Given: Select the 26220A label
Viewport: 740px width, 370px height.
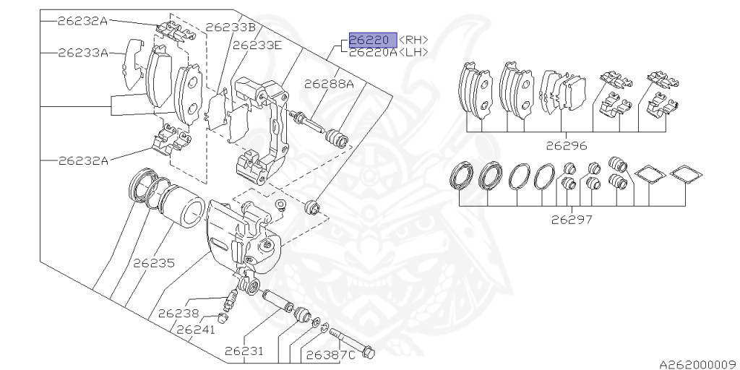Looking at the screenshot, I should click(x=373, y=52).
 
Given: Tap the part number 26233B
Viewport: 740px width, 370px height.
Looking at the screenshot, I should click(x=231, y=27).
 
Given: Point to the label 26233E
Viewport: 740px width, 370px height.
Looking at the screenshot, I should click(x=257, y=45).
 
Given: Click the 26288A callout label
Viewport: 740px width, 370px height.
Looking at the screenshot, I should click(x=328, y=83).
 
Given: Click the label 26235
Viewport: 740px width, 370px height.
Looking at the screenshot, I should click(x=154, y=264).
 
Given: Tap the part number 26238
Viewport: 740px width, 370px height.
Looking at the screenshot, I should click(x=178, y=313).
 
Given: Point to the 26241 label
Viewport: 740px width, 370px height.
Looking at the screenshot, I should click(x=196, y=330).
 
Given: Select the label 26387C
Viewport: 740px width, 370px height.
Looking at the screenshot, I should click(x=330, y=355).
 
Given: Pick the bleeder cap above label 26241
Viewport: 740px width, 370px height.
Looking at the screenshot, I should click(x=224, y=317).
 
